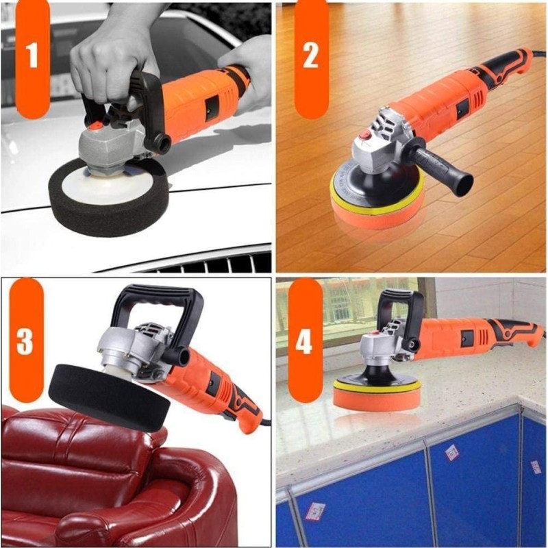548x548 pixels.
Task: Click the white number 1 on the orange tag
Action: [x=32, y=55]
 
